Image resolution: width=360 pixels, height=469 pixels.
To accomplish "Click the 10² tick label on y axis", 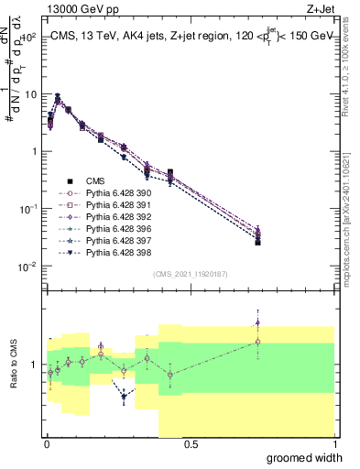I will [27, 38].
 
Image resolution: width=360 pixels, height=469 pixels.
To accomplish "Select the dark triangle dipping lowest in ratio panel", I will [124, 398].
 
